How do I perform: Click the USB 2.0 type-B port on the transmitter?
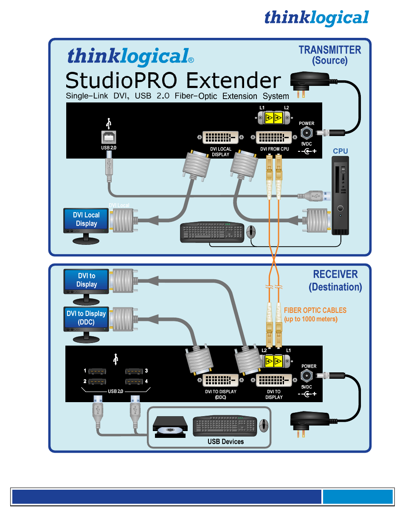(109, 137)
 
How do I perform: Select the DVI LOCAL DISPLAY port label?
(221, 152)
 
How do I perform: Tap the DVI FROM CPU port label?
(275, 149)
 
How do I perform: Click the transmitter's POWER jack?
(307, 133)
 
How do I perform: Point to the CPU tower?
(340, 195)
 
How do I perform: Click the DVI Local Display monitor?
(86, 222)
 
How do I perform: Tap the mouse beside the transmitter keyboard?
(251, 232)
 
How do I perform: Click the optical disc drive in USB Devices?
(170, 426)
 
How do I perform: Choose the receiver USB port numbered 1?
(97, 371)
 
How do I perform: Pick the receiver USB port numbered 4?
(134, 382)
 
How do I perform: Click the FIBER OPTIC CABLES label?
(315, 310)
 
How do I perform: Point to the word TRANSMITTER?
(330, 50)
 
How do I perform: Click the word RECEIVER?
(335, 274)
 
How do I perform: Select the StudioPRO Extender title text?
(173, 81)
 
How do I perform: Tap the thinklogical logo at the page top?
(316, 18)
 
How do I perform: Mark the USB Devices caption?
(225, 442)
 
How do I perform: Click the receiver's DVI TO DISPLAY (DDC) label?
(221, 394)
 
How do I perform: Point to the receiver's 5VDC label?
(307, 387)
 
